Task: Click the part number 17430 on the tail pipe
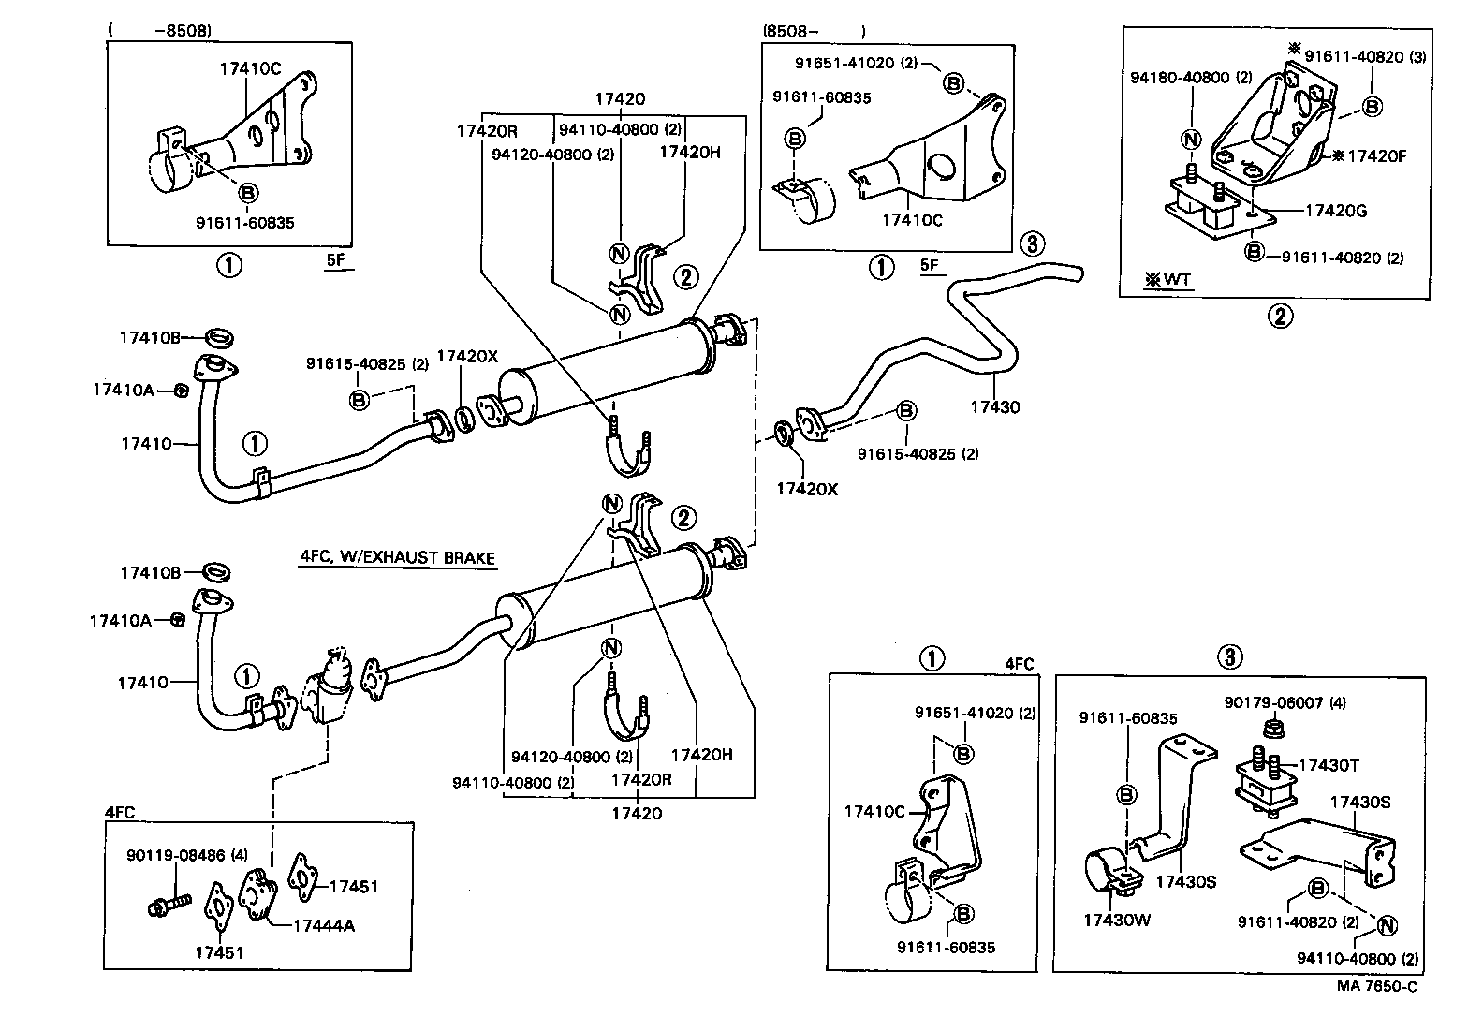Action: [994, 407]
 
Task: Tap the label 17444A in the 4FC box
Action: [323, 925]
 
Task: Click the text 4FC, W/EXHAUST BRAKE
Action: [397, 557]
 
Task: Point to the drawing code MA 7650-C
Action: [1376, 986]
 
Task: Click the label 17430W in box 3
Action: [1117, 920]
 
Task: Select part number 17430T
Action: [1329, 765]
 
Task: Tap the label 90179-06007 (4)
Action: [1285, 702]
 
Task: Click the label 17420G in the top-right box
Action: [1336, 211]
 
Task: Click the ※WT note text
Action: [1167, 280]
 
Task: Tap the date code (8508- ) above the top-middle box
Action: [814, 31]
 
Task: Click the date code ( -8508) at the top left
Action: [160, 31]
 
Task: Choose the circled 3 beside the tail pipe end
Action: [1030, 244]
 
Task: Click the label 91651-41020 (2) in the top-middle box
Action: [856, 64]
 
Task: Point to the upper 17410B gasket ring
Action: [218, 336]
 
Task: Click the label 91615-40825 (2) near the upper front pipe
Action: [367, 363]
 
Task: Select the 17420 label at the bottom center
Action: [637, 813]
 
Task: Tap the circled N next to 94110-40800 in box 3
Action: [1387, 925]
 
